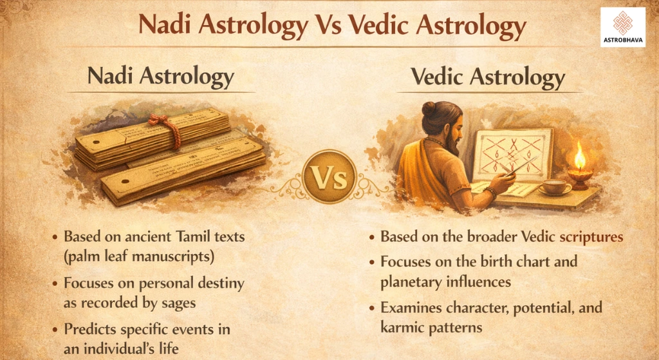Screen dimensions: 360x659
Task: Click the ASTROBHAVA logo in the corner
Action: click(622, 27)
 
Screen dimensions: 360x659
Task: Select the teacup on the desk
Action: click(555, 187)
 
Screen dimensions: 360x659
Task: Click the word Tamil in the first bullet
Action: click(181, 236)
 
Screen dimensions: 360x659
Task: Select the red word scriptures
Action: click(591, 236)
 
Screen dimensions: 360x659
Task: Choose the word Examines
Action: click(411, 307)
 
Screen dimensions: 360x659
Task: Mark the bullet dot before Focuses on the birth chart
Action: click(373, 263)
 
